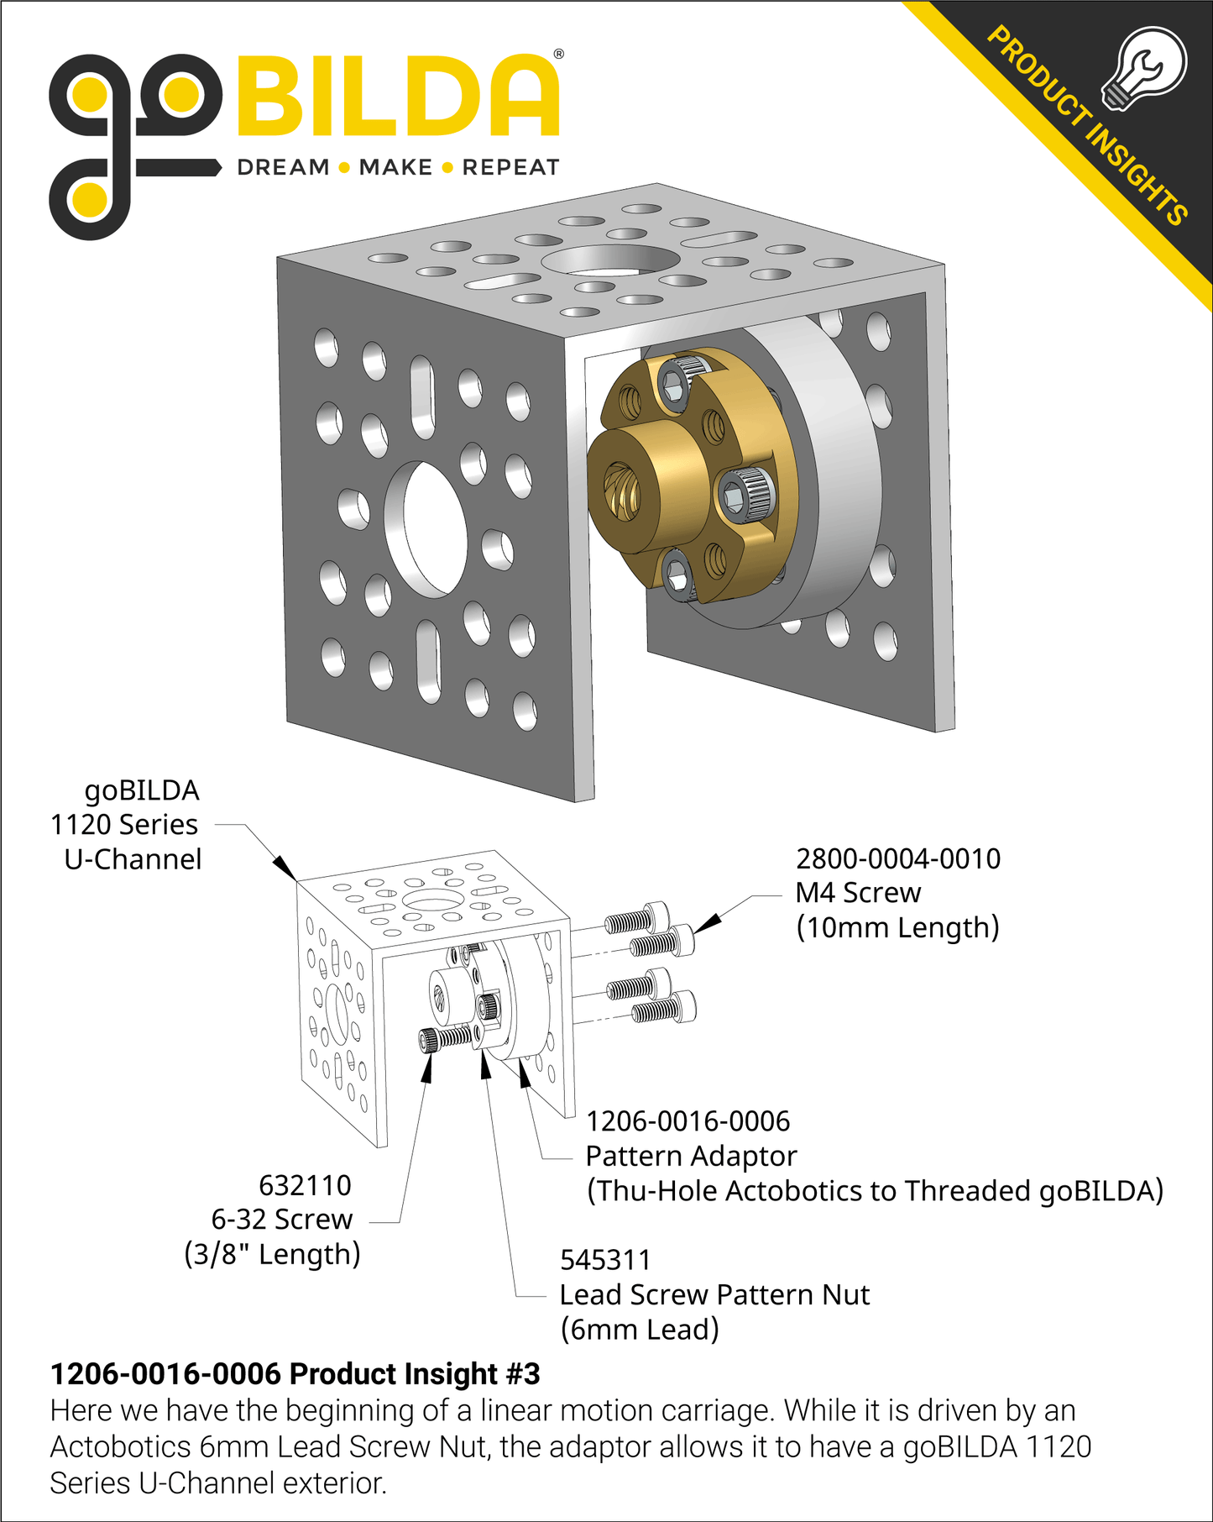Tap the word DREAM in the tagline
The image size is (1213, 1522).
coord(283,167)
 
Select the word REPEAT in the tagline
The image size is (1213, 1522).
coord(510,167)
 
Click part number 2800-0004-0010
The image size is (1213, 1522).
coord(897,858)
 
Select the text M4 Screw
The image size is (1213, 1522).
coord(857,893)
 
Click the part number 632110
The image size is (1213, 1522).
coord(305,1185)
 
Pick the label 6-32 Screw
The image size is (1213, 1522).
coord(282,1219)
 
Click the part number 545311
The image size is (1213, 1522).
coord(604,1260)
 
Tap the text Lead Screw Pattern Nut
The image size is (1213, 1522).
coord(714,1294)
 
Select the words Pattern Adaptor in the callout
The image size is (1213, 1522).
coord(690,1156)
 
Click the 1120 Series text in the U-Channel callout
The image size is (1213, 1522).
coord(123,825)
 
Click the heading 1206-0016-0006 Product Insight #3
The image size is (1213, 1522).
coord(295,1373)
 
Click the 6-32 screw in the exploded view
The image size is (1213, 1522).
coord(445,1039)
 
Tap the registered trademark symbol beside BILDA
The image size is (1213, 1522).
coord(559,55)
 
